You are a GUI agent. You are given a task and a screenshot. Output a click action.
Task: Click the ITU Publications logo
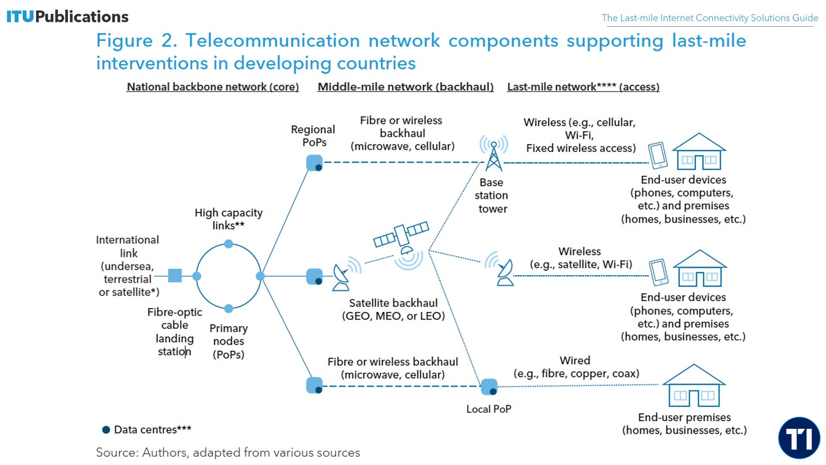click(68, 17)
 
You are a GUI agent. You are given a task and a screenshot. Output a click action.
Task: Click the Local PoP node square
click(489, 387)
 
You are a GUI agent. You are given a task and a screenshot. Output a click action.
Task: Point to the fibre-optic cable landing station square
click(175, 276)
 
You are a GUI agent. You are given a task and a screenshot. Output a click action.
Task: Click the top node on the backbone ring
click(228, 244)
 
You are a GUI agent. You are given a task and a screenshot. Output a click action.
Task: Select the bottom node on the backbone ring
click(228, 308)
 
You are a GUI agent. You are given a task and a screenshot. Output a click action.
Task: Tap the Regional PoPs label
click(313, 136)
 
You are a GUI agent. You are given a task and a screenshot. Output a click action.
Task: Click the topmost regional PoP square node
click(314, 163)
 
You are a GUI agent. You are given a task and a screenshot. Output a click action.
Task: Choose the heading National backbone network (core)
click(213, 87)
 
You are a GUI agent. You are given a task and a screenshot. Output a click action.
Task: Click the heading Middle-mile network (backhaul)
click(405, 87)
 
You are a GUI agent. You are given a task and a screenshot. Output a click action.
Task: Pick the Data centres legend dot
click(106, 430)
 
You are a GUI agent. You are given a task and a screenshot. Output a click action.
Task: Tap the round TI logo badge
click(799, 438)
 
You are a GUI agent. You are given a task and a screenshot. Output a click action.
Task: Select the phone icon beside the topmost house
click(658, 155)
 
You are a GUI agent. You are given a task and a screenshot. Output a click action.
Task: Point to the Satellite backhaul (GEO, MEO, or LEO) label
click(393, 310)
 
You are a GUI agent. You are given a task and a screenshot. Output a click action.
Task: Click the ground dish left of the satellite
click(342, 278)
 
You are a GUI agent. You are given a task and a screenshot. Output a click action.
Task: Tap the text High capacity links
click(228, 219)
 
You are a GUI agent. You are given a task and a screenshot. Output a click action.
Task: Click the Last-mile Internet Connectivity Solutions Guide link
click(709, 18)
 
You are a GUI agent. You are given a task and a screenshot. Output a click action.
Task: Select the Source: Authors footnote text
click(228, 453)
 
